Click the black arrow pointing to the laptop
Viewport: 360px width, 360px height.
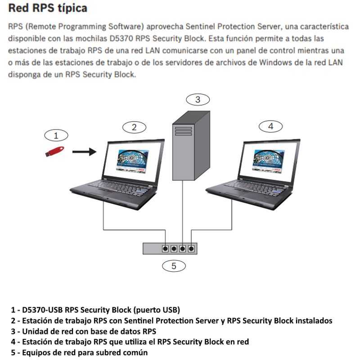(x=84, y=152)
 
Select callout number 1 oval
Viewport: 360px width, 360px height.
(x=56, y=135)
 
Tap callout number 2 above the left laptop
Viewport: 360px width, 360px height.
(x=133, y=127)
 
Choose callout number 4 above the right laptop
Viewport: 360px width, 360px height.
(x=270, y=126)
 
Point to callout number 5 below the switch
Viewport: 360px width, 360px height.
(x=174, y=265)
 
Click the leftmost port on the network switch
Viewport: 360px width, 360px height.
(x=165, y=248)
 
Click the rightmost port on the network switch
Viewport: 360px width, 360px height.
(x=192, y=248)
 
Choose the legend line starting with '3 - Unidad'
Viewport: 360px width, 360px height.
(x=83, y=331)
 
